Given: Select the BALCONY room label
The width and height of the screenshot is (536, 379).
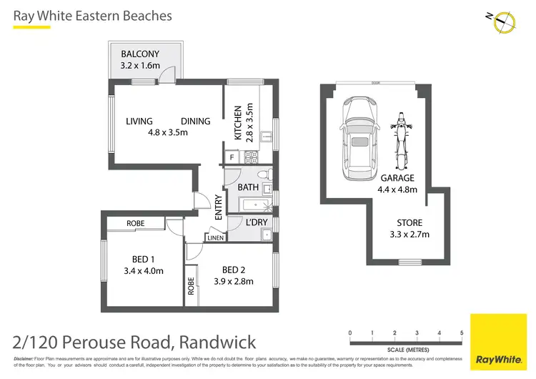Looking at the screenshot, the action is [x=140, y=54].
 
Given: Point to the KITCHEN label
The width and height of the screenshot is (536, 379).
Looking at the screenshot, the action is [x=239, y=124].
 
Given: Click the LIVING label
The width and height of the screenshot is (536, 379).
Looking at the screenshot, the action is [x=139, y=121].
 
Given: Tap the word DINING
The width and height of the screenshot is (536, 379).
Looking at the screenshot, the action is [x=195, y=121].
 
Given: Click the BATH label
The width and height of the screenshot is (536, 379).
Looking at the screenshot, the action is [x=248, y=187].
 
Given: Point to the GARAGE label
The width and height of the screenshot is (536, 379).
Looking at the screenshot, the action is [x=397, y=178].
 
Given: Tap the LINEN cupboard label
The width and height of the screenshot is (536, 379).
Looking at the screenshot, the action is [x=216, y=237].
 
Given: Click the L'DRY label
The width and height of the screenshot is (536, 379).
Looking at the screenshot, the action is [x=257, y=223].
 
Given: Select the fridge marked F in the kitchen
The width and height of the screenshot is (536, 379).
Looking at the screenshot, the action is [x=232, y=156].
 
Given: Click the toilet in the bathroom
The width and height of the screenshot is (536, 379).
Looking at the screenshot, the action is [x=262, y=174].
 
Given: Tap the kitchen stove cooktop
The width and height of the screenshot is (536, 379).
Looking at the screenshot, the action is [x=251, y=155].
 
